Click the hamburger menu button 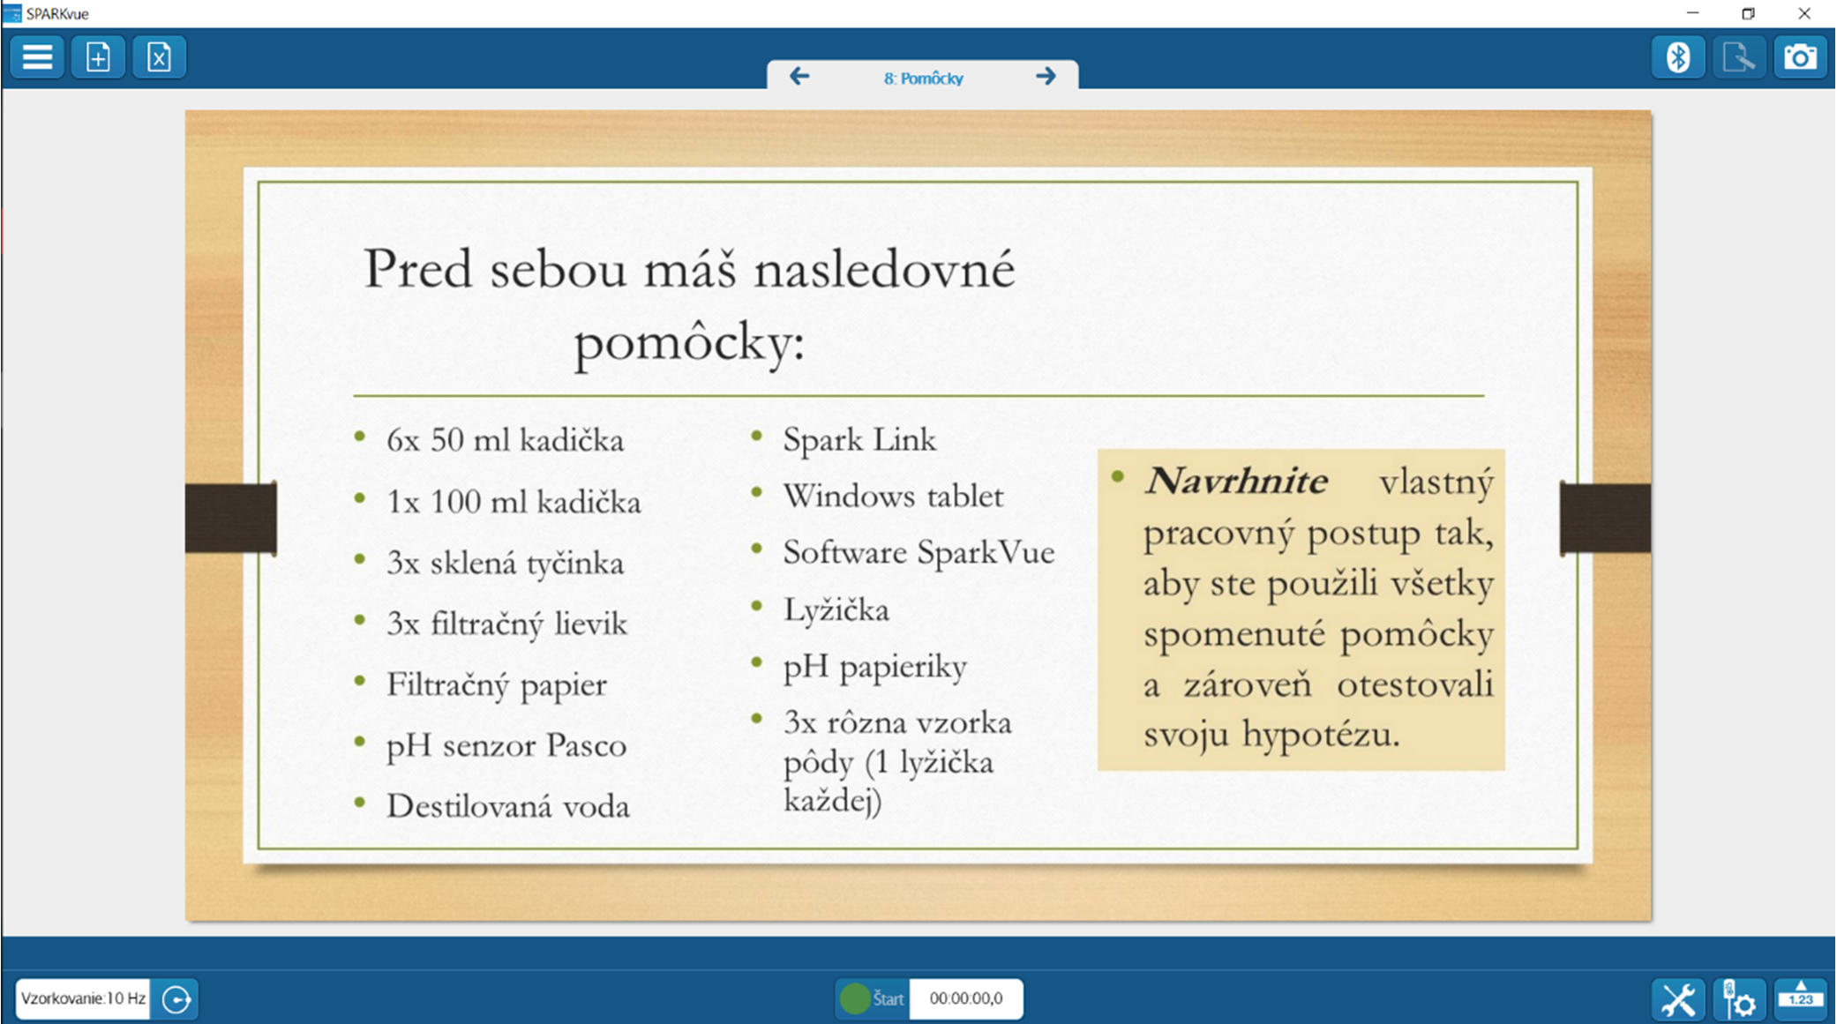(x=37, y=58)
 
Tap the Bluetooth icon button (x=1677, y=58)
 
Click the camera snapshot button (x=1799, y=58)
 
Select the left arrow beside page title (x=799, y=77)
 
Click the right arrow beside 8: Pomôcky (x=1046, y=77)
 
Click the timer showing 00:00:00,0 (x=965, y=998)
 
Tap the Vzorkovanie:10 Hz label (x=83, y=998)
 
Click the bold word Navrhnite (x=1235, y=482)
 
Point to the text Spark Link (x=859, y=440)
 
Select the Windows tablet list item (x=892, y=497)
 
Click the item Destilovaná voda (x=507, y=806)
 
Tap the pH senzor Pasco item (x=506, y=745)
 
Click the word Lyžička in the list (x=836, y=610)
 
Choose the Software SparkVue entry (x=918, y=553)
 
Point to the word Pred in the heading (x=418, y=269)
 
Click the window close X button (x=1804, y=13)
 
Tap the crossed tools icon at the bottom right (x=1677, y=999)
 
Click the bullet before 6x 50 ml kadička (x=360, y=437)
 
